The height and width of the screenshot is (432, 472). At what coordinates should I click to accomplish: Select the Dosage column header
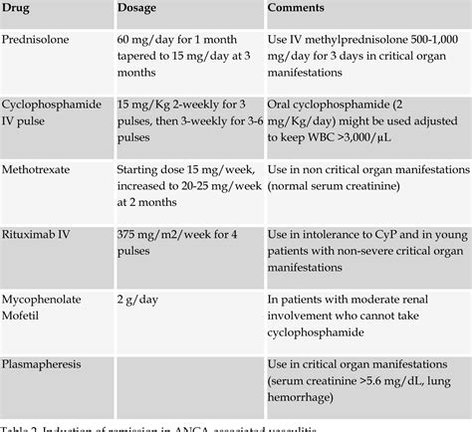click(142, 7)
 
